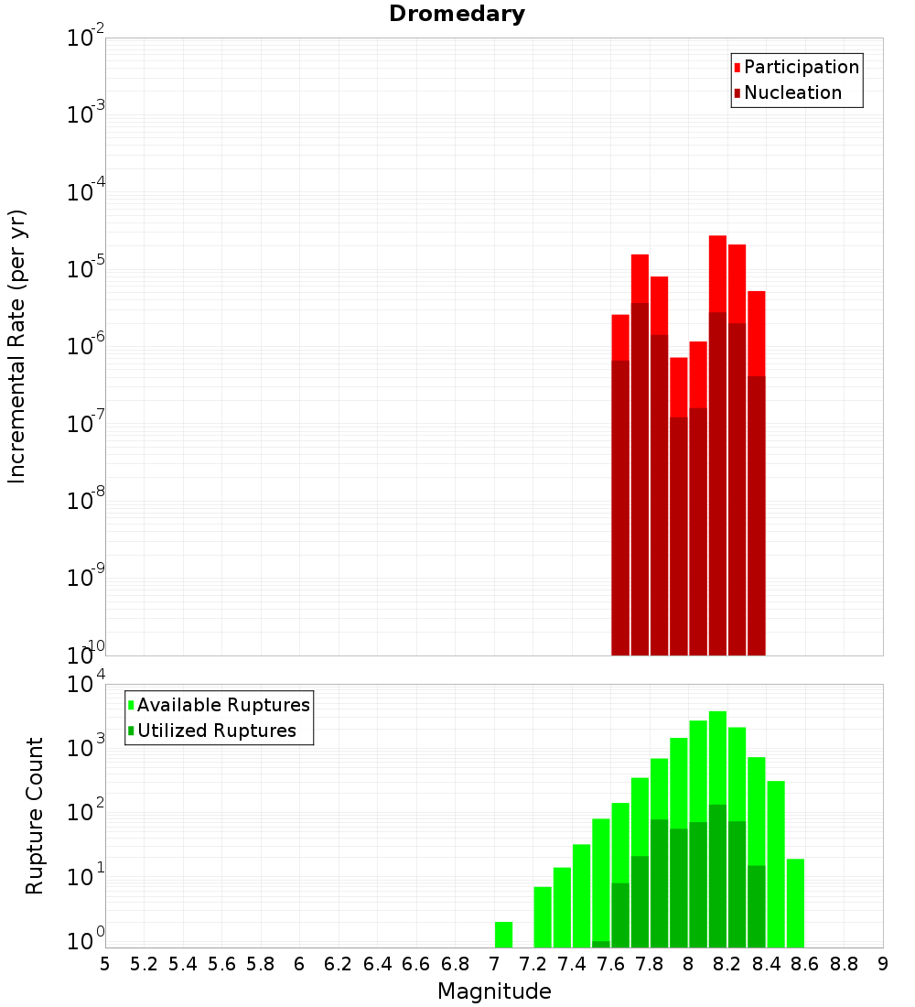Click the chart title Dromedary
457,14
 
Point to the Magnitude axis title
494,991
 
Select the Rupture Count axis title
35,816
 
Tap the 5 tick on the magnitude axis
105,964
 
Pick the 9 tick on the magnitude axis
883,964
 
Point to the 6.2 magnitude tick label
339,964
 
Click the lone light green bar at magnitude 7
503,934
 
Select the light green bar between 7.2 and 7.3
543,915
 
